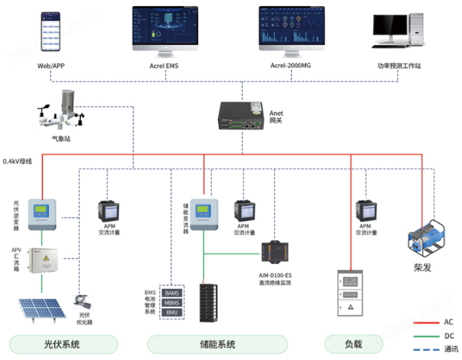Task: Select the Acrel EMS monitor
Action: [x=164, y=29]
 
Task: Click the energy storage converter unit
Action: [x=202, y=213]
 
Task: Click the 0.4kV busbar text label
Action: [x=18, y=162]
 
